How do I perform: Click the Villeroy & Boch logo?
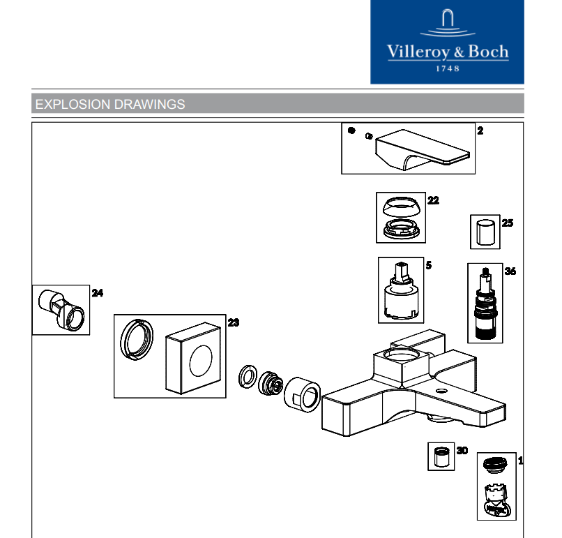click(448, 42)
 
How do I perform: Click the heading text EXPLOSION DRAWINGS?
click(110, 105)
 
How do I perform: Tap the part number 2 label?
click(480, 130)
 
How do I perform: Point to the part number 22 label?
click(433, 200)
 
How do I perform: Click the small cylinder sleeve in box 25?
click(485, 232)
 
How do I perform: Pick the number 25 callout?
click(507, 223)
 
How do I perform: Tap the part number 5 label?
click(429, 265)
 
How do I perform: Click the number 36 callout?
click(510, 271)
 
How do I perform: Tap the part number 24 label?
click(98, 293)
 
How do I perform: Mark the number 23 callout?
click(233, 322)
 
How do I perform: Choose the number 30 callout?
click(462, 451)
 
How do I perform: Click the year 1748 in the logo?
click(448, 69)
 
